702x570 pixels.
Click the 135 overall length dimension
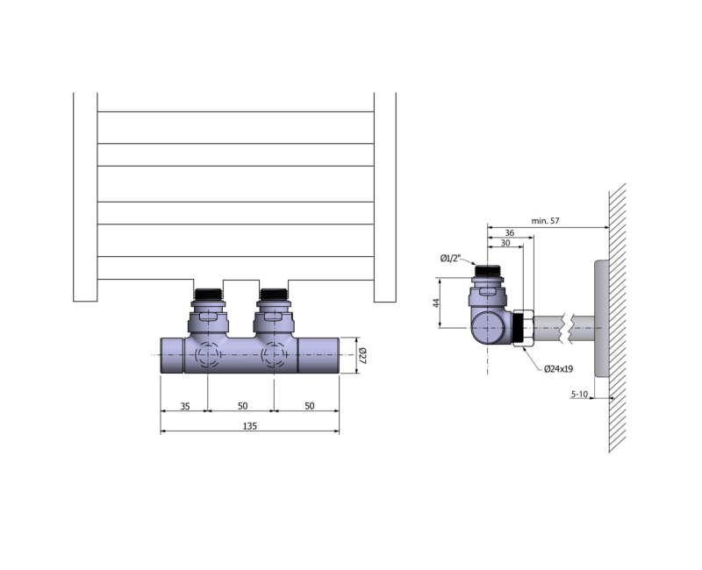tap(249, 425)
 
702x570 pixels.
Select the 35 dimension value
tap(184, 404)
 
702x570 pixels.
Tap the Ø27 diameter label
tap(361, 355)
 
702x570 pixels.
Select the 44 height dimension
tap(436, 303)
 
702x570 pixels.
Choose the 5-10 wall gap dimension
tap(579, 395)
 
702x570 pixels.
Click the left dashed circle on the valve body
tap(208, 354)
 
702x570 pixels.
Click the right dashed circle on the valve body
tap(273, 354)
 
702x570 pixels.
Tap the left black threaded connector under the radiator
tap(209, 293)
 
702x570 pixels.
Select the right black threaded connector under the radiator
tap(273, 293)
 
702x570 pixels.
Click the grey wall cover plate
tap(601, 317)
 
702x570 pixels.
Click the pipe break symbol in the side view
tap(571, 328)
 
